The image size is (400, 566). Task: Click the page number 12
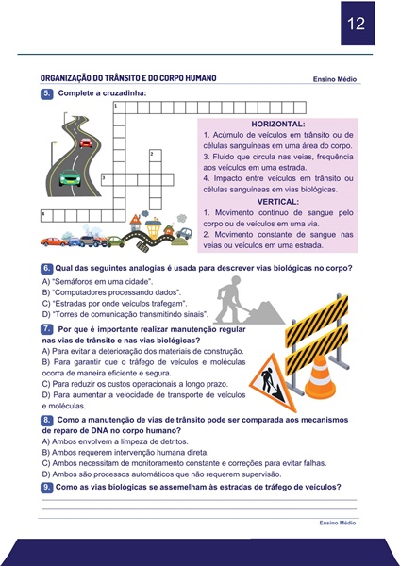coord(356,24)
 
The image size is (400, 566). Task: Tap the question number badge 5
coord(47,93)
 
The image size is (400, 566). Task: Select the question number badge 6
coord(47,268)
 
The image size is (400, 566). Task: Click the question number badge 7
coord(47,329)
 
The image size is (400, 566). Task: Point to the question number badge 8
coord(47,420)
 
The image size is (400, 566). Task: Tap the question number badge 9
coord(47,487)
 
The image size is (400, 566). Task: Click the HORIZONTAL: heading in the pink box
coord(278,125)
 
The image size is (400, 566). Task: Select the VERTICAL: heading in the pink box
coord(278,202)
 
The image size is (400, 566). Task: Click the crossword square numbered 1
coord(120,108)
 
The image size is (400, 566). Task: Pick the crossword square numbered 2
coord(156,156)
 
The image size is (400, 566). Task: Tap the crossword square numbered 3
coord(108,180)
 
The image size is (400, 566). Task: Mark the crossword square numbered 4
coord(47,216)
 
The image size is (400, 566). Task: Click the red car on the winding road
coord(86,142)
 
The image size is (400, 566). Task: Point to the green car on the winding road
coord(70,178)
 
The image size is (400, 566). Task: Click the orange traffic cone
coord(320,377)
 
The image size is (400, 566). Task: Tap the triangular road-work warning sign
coord(273,383)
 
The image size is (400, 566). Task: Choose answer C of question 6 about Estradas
coord(114,303)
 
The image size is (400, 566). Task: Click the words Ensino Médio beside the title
coord(335,79)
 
